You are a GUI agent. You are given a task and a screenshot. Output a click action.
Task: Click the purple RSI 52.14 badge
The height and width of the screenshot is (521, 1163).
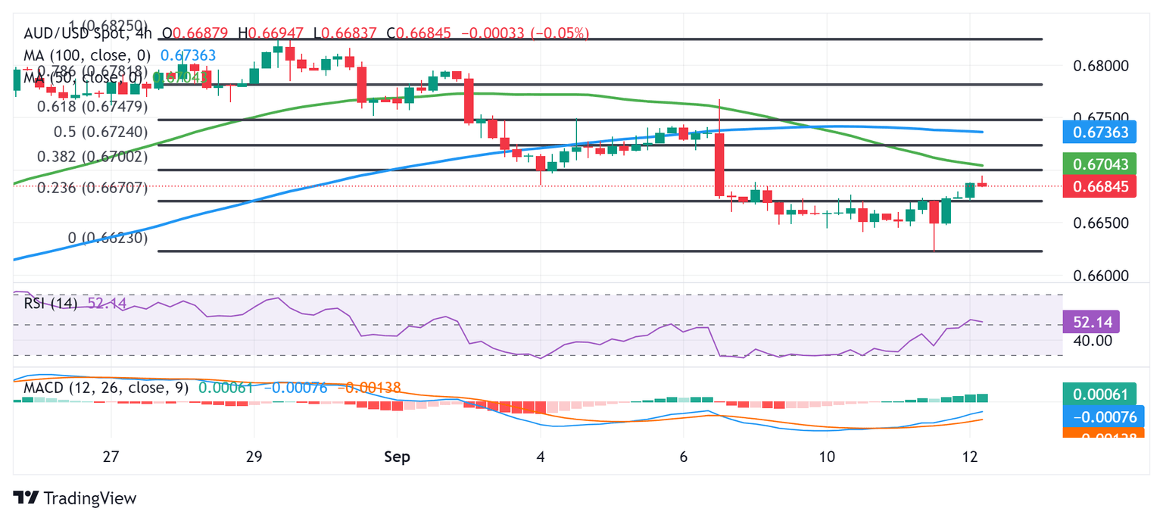[x=1091, y=322]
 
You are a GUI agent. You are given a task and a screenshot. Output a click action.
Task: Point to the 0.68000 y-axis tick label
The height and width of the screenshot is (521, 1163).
[x=1101, y=65]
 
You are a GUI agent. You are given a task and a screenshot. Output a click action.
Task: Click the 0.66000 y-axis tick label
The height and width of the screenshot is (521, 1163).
[x=1101, y=276]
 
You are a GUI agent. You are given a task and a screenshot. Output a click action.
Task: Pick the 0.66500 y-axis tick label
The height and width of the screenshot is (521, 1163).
[x=1101, y=223]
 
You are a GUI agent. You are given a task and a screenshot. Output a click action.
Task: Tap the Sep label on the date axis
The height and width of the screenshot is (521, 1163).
[x=397, y=457]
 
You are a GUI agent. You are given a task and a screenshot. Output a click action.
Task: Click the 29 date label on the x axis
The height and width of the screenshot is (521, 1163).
[x=254, y=457]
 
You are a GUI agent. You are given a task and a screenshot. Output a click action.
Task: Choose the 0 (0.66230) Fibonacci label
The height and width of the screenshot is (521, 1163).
[x=108, y=238]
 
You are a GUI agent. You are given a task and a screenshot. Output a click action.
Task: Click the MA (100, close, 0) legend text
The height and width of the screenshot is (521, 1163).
[x=87, y=55]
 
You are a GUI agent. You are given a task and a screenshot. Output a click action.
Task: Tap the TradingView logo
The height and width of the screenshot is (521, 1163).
[x=75, y=498]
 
